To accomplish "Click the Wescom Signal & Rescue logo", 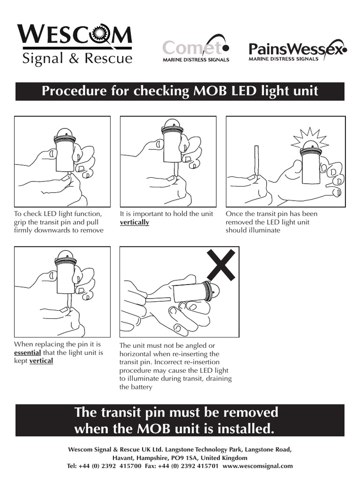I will click(75, 44).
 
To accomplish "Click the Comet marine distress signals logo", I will click(196, 50).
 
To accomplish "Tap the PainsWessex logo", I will click(297, 51).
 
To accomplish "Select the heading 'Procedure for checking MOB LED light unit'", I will click(180, 91).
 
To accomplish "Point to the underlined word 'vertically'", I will click(135, 222).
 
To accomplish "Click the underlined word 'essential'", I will click(28, 352).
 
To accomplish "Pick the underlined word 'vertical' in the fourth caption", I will click(41, 361).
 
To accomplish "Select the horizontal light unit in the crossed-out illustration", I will click(191, 292).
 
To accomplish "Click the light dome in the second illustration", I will click(172, 124).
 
